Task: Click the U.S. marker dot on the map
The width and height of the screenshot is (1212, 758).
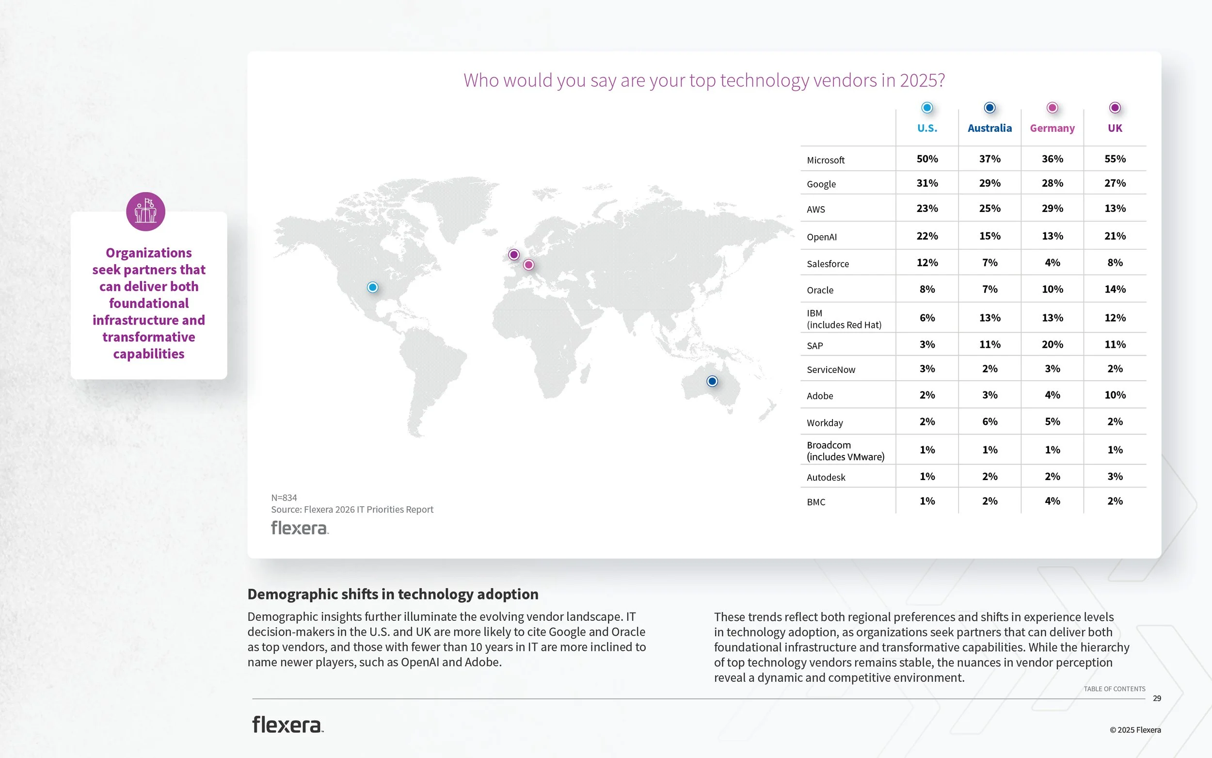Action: point(372,287)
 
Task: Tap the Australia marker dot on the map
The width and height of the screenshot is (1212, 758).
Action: point(712,382)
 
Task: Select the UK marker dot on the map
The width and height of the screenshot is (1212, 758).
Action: point(513,255)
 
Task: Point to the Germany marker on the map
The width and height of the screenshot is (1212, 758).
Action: point(528,265)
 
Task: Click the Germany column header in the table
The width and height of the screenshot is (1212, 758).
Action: point(1052,129)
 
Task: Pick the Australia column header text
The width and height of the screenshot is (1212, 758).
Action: point(989,129)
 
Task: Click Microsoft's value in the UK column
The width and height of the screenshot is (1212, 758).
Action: point(1115,159)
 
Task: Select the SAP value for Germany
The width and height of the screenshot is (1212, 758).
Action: point(1052,344)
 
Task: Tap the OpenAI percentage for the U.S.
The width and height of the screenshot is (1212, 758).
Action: point(927,236)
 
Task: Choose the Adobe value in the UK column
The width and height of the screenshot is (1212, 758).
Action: point(1115,395)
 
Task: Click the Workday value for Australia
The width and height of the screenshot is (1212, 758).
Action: point(989,421)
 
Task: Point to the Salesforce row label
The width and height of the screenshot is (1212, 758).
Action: point(828,264)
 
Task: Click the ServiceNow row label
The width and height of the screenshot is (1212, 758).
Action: point(831,370)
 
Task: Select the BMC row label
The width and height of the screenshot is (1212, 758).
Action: point(816,502)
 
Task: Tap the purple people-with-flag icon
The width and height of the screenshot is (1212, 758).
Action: point(146,211)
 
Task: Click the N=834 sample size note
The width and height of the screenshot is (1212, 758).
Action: point(284,498)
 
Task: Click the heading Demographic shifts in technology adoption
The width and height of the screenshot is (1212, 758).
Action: point(393,594)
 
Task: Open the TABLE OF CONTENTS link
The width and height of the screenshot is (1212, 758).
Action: point(1114,689)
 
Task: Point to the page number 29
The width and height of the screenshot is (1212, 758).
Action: point(1157,698)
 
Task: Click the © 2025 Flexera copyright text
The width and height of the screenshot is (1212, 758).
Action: point(1135,730)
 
